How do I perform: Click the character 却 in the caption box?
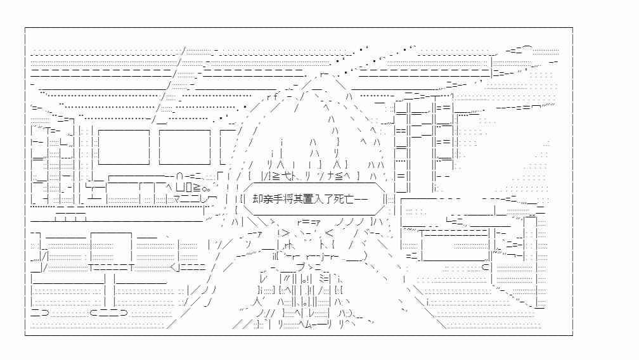pyautogui.click(x=257, y=200)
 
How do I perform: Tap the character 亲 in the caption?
pyautogui.click(x=266, y=200)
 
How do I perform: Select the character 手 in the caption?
pyautogui.click(x=276, y=200)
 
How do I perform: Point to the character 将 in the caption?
pyautogui.click(x=285, y=200)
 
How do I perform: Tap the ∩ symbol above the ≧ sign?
pyautogui.click(x=179, y=176)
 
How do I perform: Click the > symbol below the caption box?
pyautogui.click(x=285, y=234)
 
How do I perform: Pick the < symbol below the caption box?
pyautogui.click(x=329, y=234)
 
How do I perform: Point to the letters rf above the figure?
pyautogui.click(x=272, y=97)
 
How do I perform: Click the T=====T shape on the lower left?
pyautogui.click(x=112, y=267)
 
